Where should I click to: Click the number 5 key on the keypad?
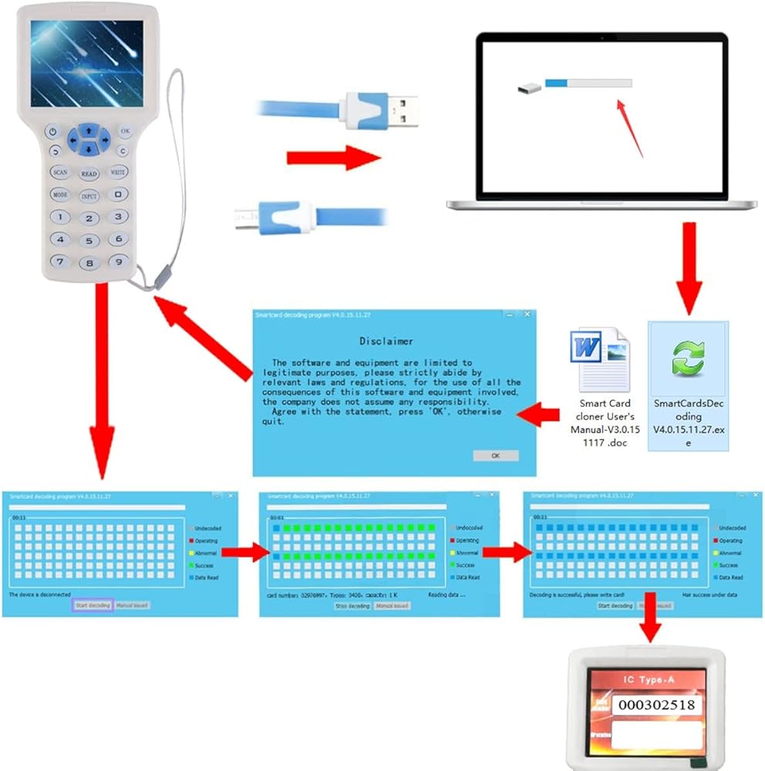coord(89,241)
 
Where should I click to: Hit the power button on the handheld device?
coord(52,132)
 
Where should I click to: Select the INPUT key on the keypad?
coord(89,196)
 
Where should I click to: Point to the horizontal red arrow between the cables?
coord(333,158)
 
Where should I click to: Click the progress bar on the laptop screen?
coord(588,83)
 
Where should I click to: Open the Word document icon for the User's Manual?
coord(598,357)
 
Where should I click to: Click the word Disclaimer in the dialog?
coord(386,341)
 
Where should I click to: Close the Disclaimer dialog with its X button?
coord(527,315)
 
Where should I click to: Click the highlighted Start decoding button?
coord(93,605)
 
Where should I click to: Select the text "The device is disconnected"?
coord(39,595)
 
